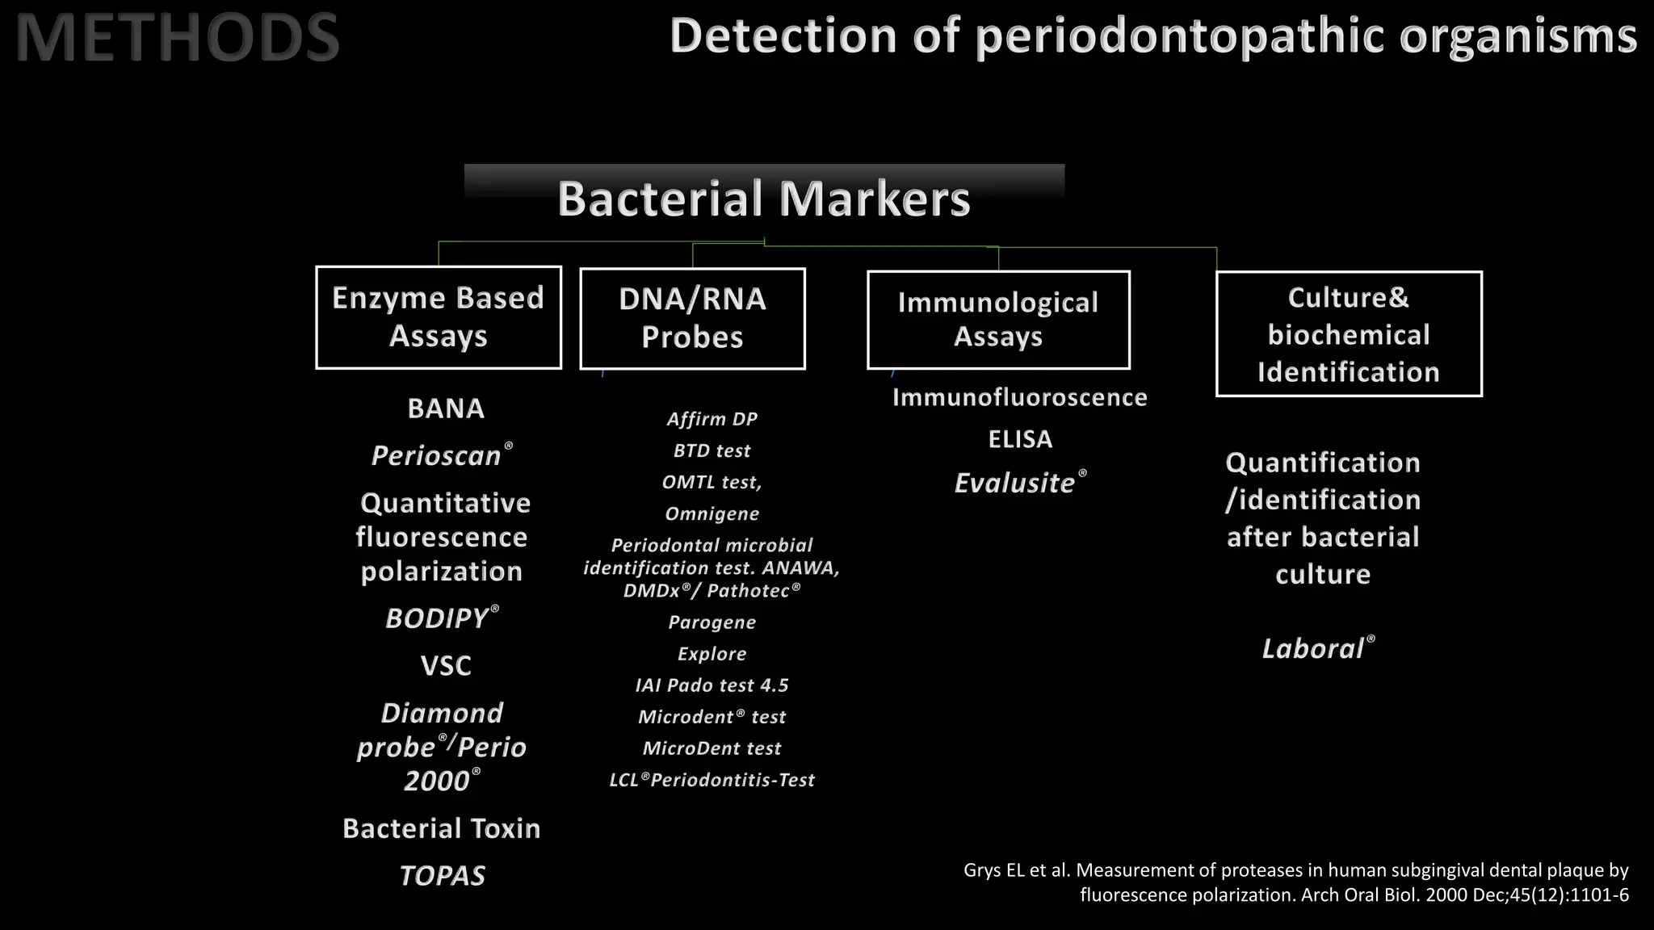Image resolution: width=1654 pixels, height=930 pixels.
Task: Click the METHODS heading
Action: click(x=177, y=37)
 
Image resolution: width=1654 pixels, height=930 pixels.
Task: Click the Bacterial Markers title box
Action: click(x=764, y=198)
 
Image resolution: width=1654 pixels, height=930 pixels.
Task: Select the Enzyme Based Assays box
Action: click(x=439, y=317)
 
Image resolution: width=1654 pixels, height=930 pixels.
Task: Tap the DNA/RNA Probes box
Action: click(x=692, y=318)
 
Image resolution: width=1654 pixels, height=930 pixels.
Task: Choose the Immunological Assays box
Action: click(x=998, y=320)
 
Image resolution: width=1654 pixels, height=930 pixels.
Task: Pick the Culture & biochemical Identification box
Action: click(x=1349, y=334)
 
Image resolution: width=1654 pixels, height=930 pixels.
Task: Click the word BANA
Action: click(x=446, y=408)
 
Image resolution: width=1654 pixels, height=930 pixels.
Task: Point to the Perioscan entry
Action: click(x=437, y=456)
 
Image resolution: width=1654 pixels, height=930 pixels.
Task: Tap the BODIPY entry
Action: click(x=437, y=618)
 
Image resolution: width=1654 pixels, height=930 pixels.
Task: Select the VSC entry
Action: click(x=446, y=666)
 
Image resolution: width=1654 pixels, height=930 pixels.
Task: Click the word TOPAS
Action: click(x=443, y=876)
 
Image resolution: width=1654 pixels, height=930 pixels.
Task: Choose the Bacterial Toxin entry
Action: click(x=442, y=828)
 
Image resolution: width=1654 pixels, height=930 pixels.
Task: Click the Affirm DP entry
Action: click(x=712, y=419)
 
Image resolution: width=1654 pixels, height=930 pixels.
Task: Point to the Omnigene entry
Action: click(x=712, y=513)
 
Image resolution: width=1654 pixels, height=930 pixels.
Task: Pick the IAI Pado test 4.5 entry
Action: click(x=712, y=685)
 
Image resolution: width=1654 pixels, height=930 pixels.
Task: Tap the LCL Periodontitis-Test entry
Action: click(x=712, y=780)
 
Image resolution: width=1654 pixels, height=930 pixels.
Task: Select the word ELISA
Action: click(x=1020, y=439)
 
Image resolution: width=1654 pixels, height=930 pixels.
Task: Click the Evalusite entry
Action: click(x=1015, y=483)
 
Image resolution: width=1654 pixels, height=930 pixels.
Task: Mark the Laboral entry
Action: click(x=1313, y=649)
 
